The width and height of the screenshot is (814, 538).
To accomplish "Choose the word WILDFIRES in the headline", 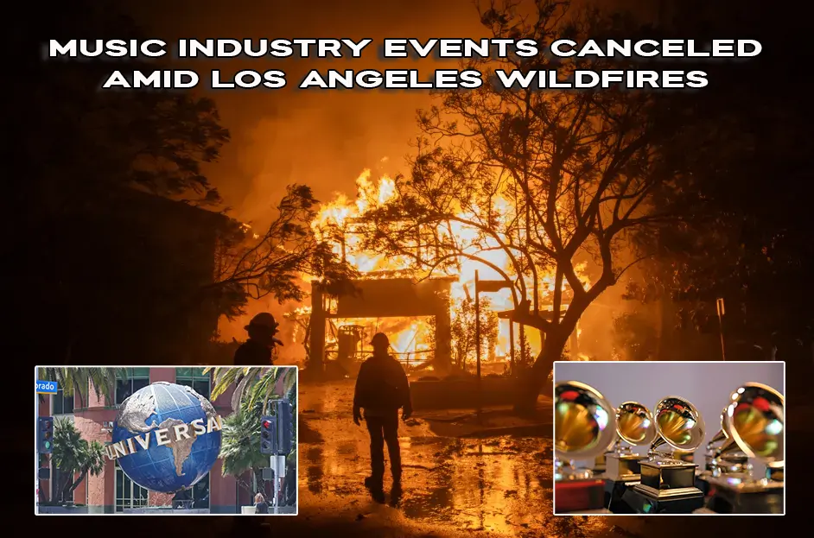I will (x=611, y=79).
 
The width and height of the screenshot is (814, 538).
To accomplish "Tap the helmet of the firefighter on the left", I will (x=262, y=323).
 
